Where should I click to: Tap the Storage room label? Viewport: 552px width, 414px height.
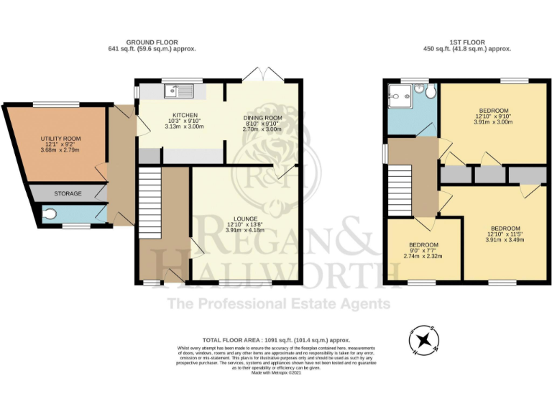click(68, 194)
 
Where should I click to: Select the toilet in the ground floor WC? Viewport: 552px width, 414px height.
click(49, 213)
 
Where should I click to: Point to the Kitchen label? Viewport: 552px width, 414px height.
click(165, 114)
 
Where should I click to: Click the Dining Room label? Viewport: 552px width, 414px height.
click(262, 118)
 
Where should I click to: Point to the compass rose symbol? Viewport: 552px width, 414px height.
click(425, 339)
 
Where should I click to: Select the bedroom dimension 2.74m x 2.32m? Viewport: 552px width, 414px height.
click(423, 257)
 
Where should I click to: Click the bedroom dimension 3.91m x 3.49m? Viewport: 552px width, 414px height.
click(502, 240)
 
